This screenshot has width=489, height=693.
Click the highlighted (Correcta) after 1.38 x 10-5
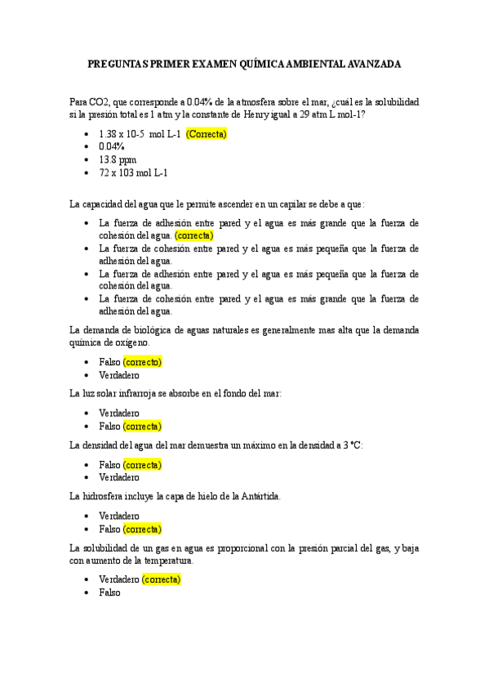point(206,134)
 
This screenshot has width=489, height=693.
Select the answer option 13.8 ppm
point(118,160)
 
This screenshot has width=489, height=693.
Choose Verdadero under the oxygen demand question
point(119,375)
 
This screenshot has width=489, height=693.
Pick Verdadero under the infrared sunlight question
point(119,414)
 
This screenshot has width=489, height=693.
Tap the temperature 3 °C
point(351,445)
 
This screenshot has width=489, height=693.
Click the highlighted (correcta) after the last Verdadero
point(161,580)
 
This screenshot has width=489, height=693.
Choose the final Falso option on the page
point(109,593)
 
